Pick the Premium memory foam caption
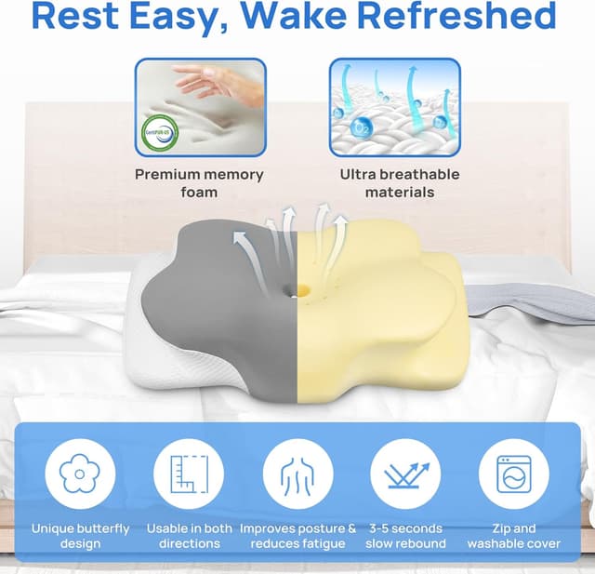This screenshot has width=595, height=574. (x=199, y=182)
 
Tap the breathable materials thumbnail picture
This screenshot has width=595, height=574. (x=394, y=107)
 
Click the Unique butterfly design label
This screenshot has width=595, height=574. (x=80, y=536)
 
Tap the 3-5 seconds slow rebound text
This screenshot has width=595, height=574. (x=405, y=536)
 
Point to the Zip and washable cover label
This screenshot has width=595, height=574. (x=513, y=536)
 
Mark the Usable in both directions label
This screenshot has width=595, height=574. (x=189, y=536)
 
